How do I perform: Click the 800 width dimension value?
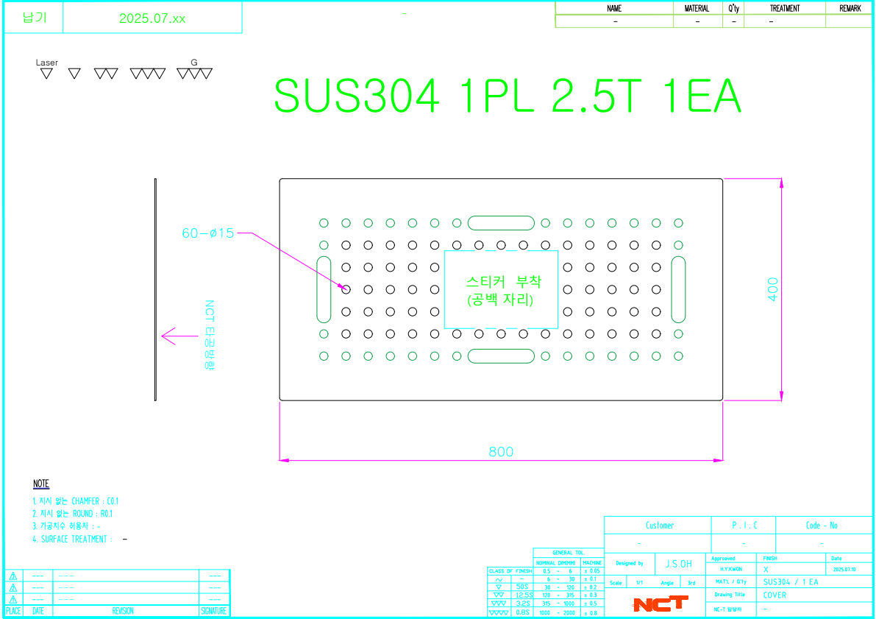(501, 452)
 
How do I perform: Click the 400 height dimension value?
(772, 289)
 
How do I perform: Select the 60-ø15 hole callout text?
(208, 233)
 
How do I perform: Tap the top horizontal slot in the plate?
(501, 223)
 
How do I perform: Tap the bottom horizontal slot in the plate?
(501, 356)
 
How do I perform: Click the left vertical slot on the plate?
(324, 289)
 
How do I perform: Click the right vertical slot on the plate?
(678, 289)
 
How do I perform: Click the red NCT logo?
(660, 604)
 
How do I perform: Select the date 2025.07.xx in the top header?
(152, 19)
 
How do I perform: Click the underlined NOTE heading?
(41, 484)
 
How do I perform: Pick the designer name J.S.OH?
(678, 564)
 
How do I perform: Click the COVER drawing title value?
(774, 595)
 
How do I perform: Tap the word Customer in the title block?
(659, 526)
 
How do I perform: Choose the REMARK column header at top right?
(849, 8)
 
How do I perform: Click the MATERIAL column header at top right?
(697, 8)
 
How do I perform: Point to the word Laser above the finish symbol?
(47, 63)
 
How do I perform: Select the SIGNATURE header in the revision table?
(214, 611)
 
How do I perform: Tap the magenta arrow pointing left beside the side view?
(175, 336)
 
